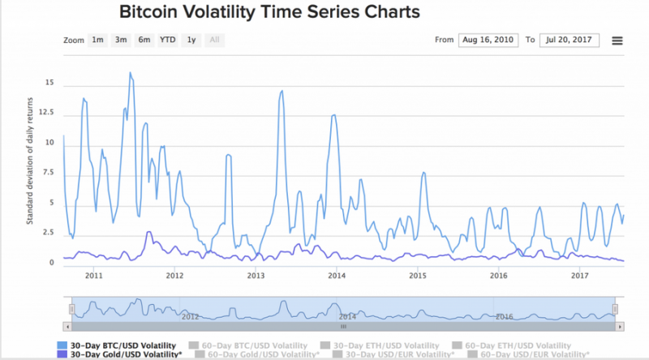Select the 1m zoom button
coord(97,39)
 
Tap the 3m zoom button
coord(121,39)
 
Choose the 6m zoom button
coord(144,39)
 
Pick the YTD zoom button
coord(167,39)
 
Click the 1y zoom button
coord(191,39)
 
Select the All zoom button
coord(214,39)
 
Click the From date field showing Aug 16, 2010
coord(487,40)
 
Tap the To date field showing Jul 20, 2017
coord(569,40)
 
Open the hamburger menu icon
coord(617,41)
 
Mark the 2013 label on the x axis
coord(256,276)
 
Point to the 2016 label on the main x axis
coord(499,276)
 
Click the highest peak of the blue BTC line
coord(130,73)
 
